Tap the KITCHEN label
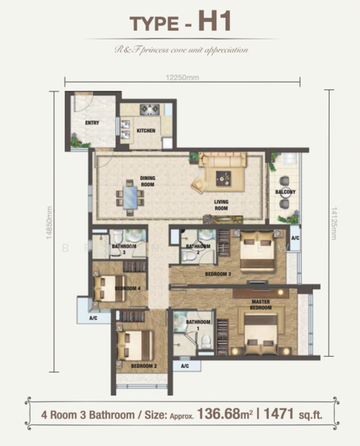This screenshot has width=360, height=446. pyautogui.click(x=146, y=132)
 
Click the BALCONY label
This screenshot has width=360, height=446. pyautogui.click(x=285, y=193)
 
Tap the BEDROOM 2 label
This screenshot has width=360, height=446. pyautogui.click(x=143, y=366)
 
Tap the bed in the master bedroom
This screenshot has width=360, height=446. pyautogui.click(x=257, y=332)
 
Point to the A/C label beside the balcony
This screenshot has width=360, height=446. pyautogui.click(x=295, y=239)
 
